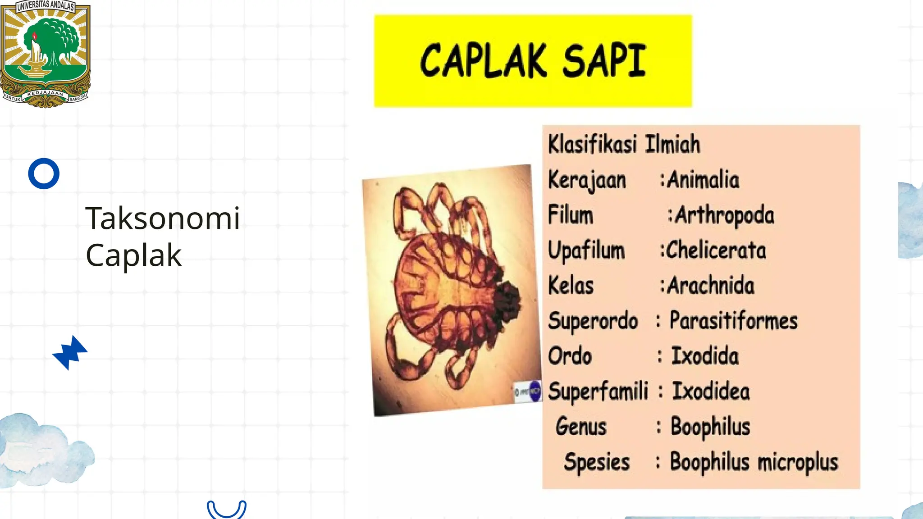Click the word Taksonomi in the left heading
pos(163,219)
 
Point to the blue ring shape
pos(44,173)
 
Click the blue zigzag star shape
pos(70,352)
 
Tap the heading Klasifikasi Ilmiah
pos(624,145)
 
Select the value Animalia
pos(703,180)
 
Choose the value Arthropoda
pos(725,215)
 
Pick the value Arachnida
pos(710,286)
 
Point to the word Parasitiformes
pos(733,321)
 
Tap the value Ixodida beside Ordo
pos(705,356)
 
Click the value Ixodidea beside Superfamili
pos(711,391)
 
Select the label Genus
pos(581,426)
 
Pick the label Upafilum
pos(586,250)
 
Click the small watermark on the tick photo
pos(528,391)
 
